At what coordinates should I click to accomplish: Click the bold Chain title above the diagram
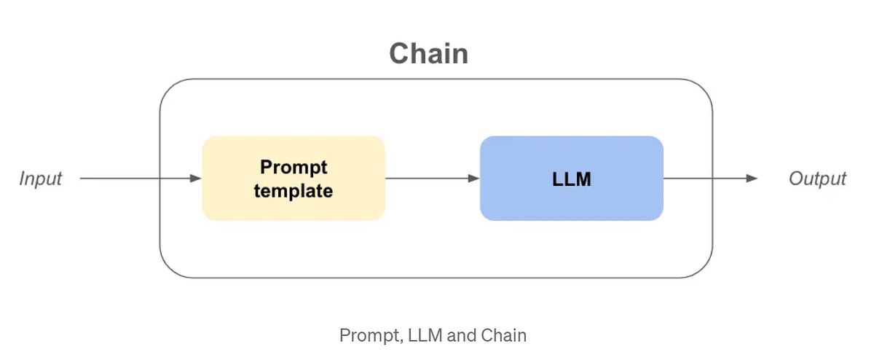(428, 55)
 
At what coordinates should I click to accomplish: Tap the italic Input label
(41, 179)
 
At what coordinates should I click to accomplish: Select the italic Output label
(817, 179)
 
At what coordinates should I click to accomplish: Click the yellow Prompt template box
(294, 179)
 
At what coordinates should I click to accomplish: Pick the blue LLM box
(571, 179)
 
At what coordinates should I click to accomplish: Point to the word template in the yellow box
(294, 191)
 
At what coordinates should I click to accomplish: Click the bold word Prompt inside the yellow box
(294, 167)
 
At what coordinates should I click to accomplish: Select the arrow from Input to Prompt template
(138, 179)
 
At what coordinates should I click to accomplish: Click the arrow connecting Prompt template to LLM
(431, 179)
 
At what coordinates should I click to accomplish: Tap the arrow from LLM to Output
(709, 179)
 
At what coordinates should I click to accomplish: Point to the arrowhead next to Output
(752, 179)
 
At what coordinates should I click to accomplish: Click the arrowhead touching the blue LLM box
(474, 179)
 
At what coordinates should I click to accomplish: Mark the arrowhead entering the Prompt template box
(196, 179)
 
